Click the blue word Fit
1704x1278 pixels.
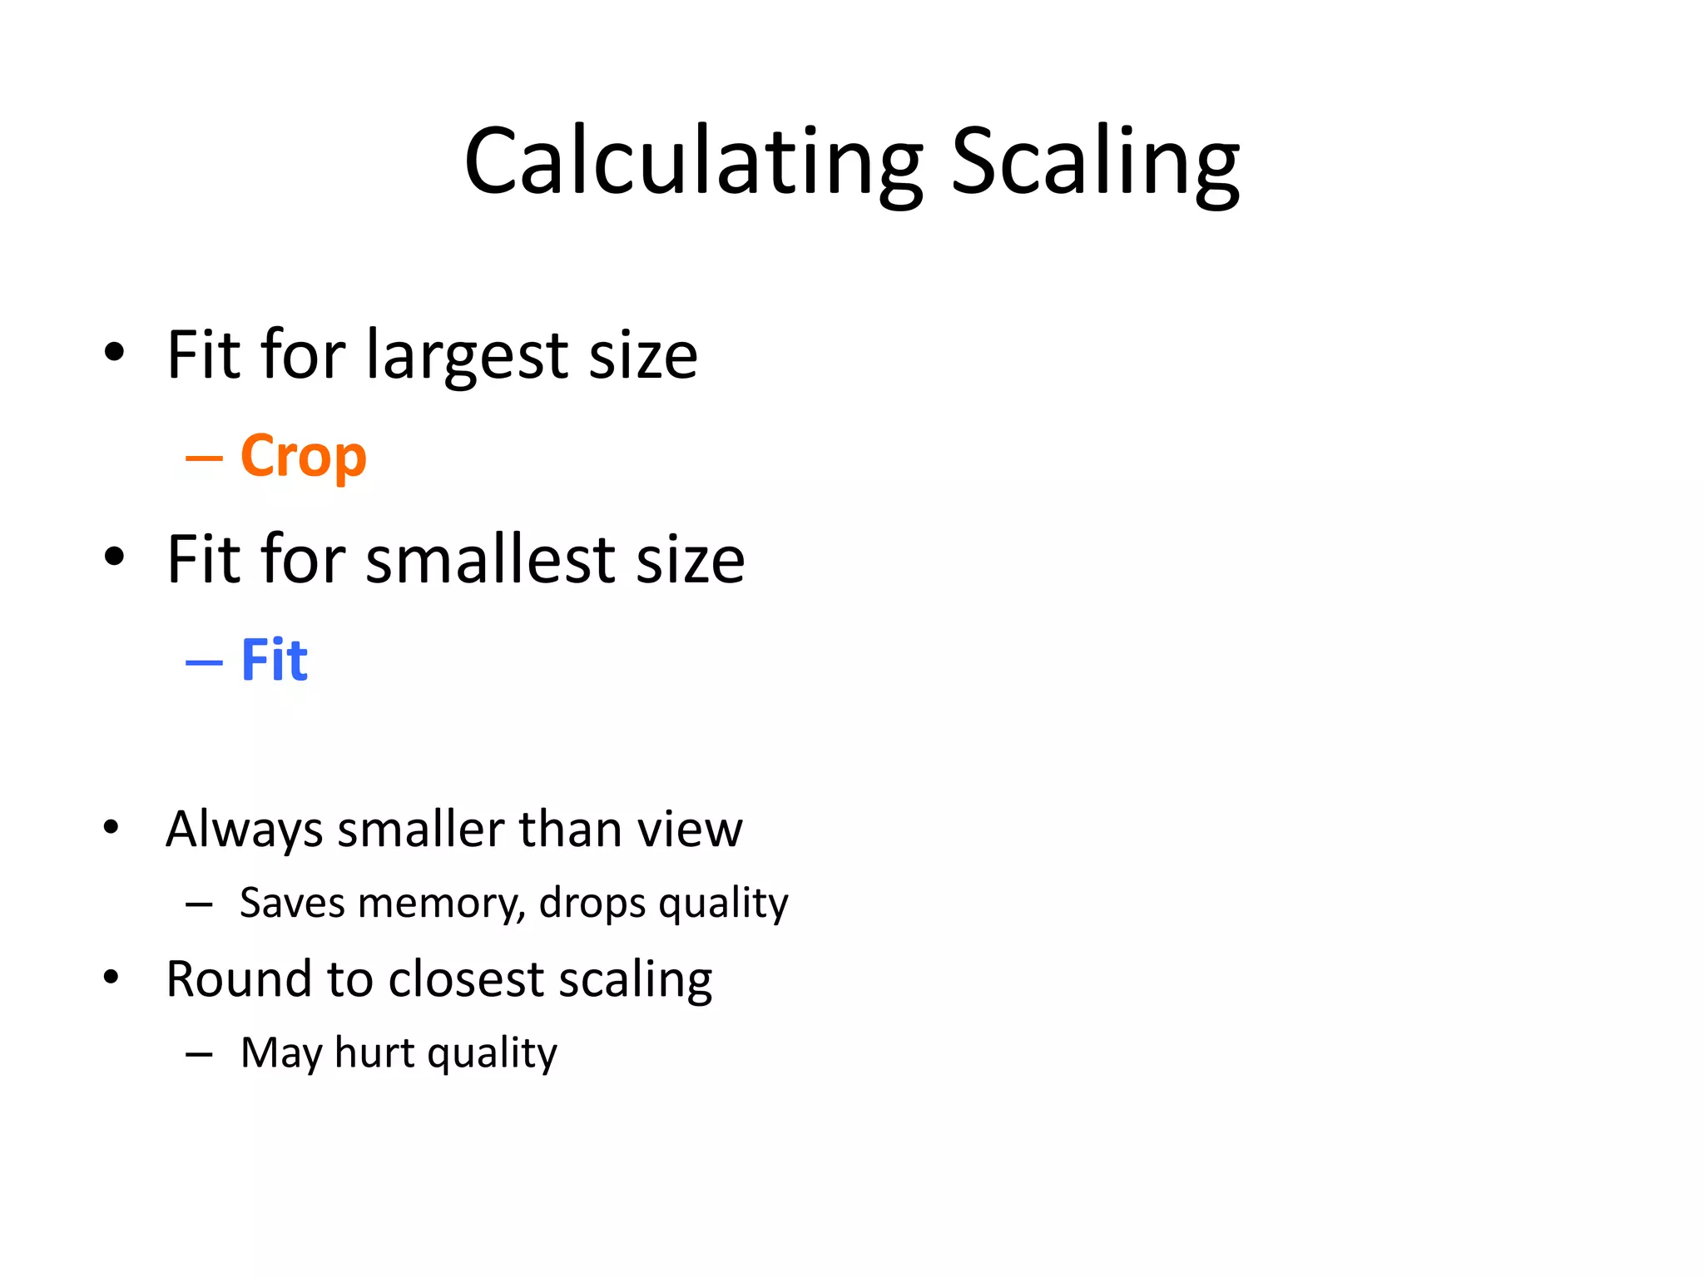click(x=274, y=660)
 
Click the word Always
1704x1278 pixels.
click(x=244, y=830)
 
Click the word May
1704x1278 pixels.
click(x=281, y=1054)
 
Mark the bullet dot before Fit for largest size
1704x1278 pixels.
click(x=114, y=353)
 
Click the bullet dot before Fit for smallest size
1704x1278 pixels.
click(x=114, y=557)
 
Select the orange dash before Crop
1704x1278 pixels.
click(x=204, y=458)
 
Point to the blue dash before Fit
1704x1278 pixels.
click(x=204, y=662)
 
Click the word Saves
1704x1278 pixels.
click(x=292, y=904)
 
